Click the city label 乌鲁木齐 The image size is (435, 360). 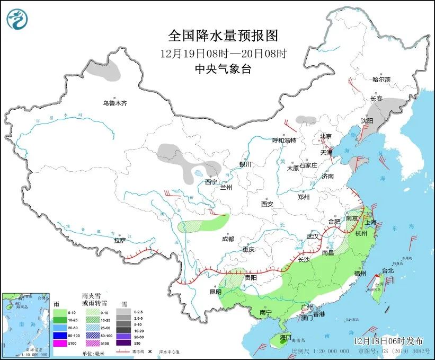(114, 103)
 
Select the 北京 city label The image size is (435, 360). (325, 136)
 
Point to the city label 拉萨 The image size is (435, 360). (120, 240)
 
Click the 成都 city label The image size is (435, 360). (228, 239)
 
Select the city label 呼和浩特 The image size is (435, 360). (284, 141)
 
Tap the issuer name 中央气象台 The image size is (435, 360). (223, 68)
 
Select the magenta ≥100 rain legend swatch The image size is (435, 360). (59, 343)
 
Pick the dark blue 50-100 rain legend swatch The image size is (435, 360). (59, 335)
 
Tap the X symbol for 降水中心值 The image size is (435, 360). (150, 352)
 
